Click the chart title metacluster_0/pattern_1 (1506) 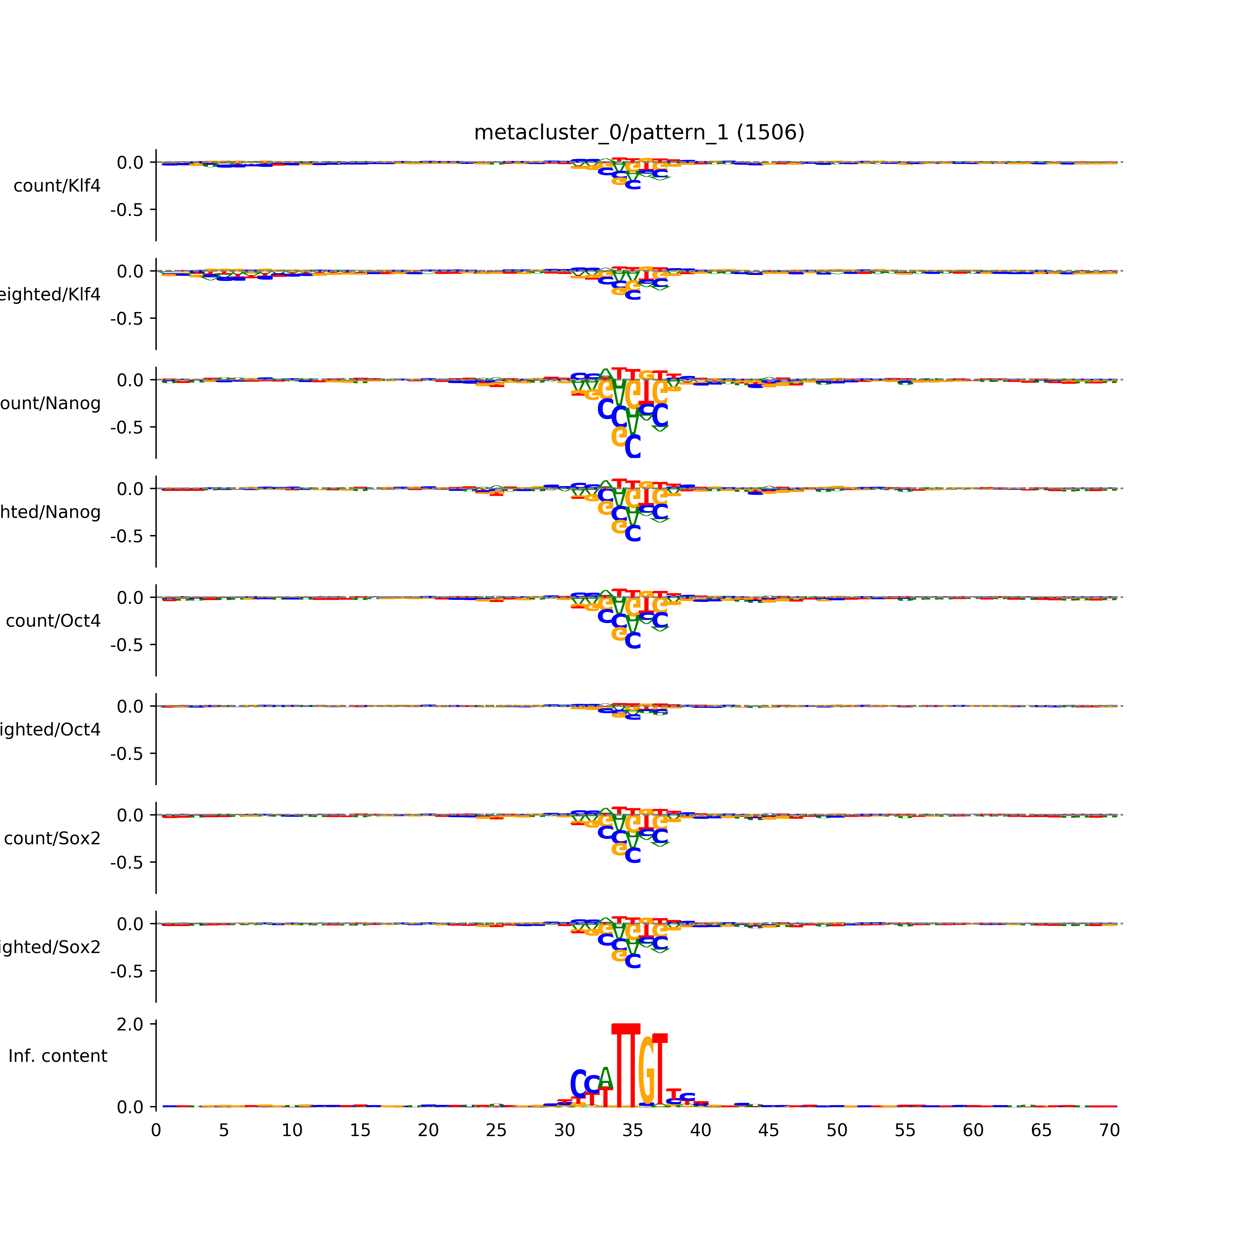tap(639, 132)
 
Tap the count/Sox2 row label tap(52, 838)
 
